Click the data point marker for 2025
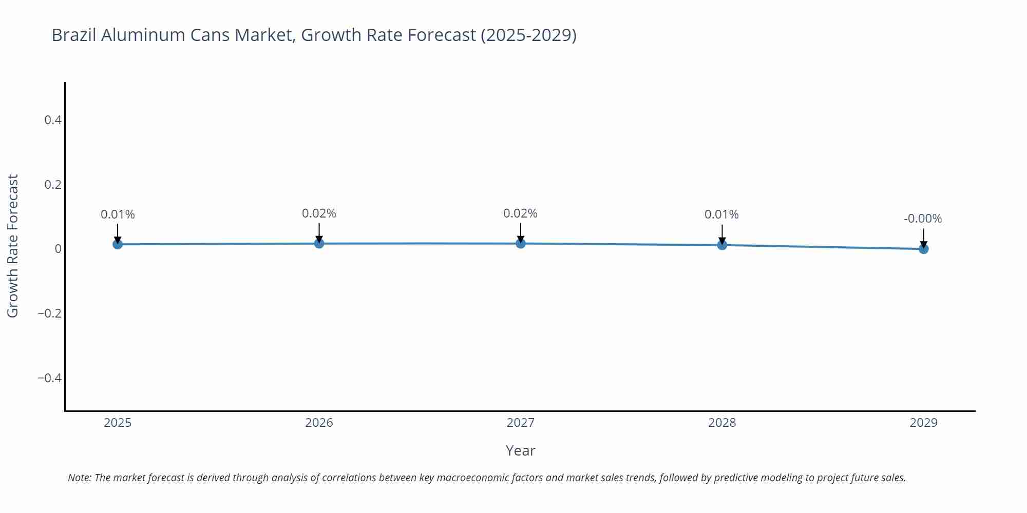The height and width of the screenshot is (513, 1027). pos(118,244)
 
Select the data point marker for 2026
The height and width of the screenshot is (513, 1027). pos(319,243)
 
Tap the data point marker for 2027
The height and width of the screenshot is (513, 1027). pos(521,243)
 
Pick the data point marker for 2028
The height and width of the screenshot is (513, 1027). pos(722,245)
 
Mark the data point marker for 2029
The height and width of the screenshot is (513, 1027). pos(923,249)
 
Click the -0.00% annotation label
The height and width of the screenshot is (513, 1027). pos(923,219)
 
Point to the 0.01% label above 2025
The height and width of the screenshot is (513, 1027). pos(118,214)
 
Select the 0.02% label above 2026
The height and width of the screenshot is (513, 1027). pos(319,213)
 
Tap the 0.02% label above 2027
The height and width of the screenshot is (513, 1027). pos(520,213)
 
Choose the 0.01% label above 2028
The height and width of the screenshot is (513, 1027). pos(721,214)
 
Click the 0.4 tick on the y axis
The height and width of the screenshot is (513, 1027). pos(52,120)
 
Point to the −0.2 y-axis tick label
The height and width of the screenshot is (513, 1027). pos(49,313)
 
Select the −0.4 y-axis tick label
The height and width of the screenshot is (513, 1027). pos(49,378)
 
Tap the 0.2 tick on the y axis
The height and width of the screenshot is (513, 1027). pos(52,185)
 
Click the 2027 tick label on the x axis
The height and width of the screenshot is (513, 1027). pos(520,423)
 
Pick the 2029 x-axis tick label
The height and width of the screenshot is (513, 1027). pos(923,423)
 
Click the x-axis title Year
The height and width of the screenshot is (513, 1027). pos(520,450)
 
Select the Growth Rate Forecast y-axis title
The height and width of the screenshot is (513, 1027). pos(13,246)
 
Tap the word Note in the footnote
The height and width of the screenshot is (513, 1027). pos(79,478)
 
